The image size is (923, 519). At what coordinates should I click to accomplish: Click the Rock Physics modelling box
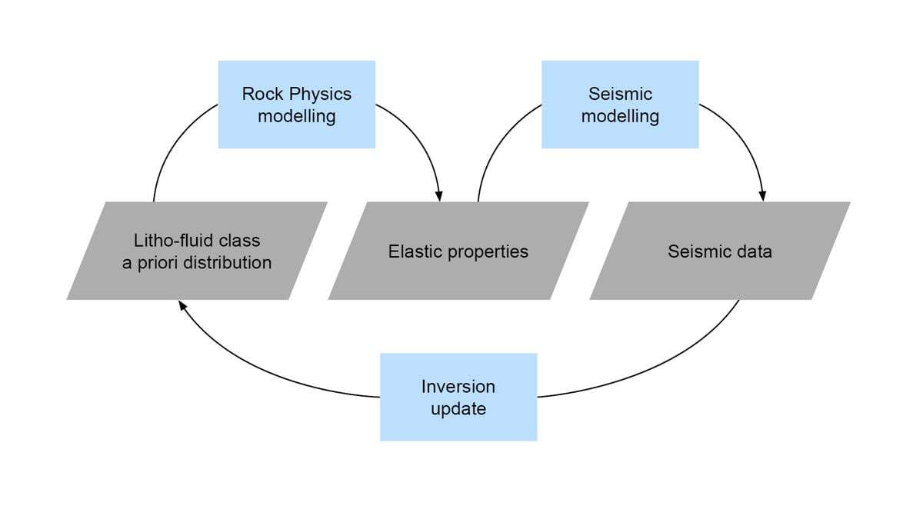(x=297, y=105)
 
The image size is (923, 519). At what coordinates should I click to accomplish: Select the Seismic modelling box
(x=620, y=105)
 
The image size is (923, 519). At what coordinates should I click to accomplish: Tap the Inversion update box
(x=458, y=397)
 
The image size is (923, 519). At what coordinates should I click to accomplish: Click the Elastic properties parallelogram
(x=458, y=251)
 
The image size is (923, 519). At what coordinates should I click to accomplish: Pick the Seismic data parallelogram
(x=720, y=251)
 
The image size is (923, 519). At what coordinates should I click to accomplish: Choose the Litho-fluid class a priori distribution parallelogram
(x=197, y=251)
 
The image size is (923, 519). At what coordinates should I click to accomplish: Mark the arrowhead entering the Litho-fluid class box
(x=182, y=305)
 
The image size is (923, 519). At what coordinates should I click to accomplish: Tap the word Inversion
(x=458, y=386)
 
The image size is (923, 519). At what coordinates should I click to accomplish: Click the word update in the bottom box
(x=458, y=408)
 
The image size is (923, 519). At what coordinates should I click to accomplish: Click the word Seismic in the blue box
(x=620, y=94)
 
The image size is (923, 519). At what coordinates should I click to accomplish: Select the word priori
(x=153, y=263)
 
